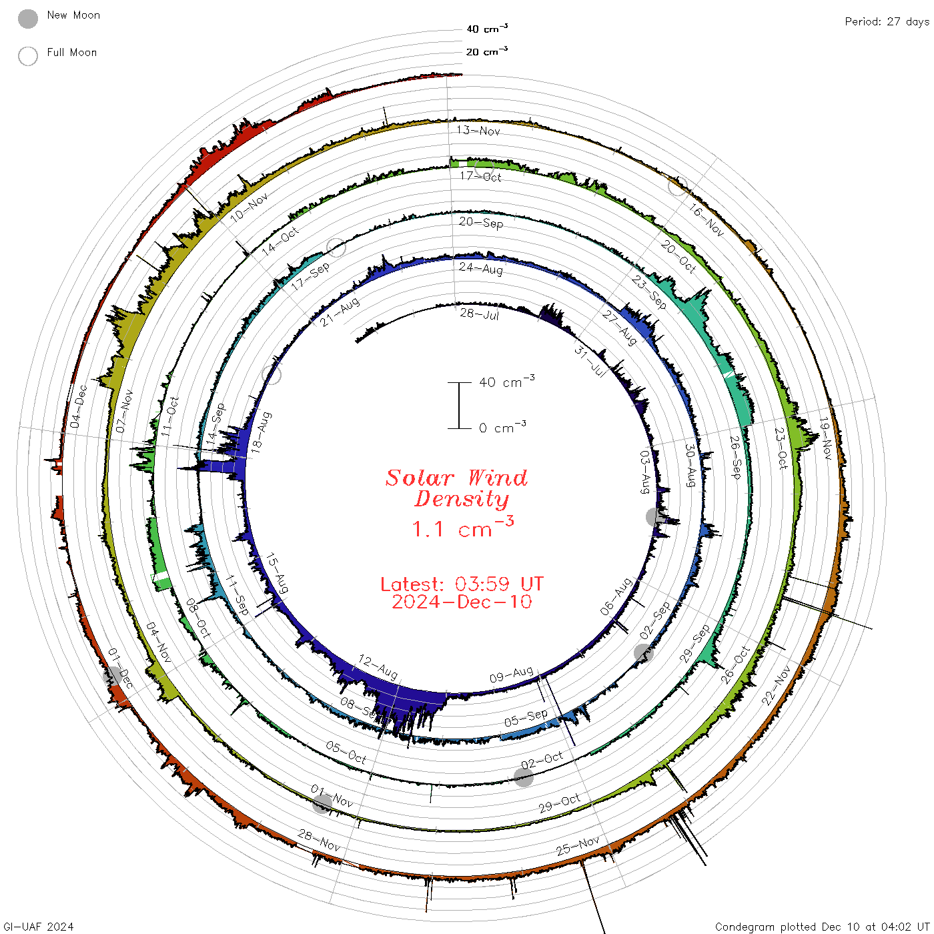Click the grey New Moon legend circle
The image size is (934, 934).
(x=27, y=19)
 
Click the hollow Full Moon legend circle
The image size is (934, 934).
(x=27, y=56)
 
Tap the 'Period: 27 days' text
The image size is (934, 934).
(x=887, y=22)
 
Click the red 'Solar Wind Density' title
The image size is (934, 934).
(x=456, y=488)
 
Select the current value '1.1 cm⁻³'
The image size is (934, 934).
(x=462, y=527)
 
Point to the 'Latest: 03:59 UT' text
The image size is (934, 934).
(x=462, y=584)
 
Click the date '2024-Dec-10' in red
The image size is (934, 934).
(x=462, y=602)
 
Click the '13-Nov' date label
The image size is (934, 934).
(x=478, y=130)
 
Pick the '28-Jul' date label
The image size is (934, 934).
(x=479, y=314)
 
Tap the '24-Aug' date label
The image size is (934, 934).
(x=480, y=268)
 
